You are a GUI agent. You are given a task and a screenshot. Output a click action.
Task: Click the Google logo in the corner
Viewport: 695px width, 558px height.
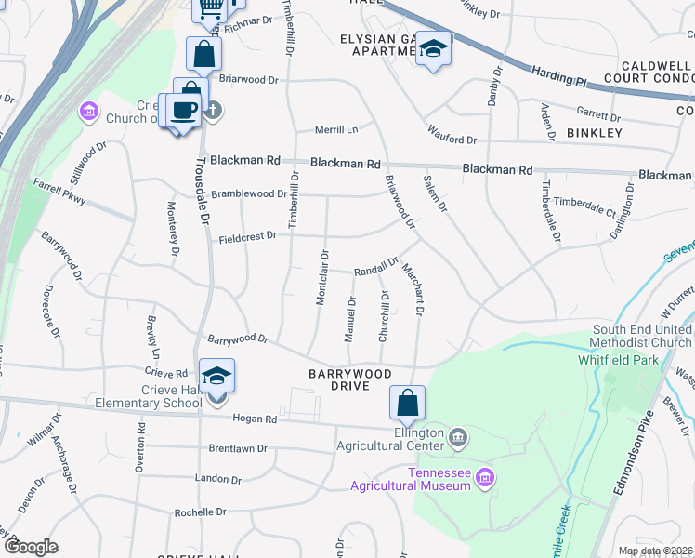click(31, 547)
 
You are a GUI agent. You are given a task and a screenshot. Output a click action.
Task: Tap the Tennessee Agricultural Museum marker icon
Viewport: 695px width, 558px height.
click(483, 479)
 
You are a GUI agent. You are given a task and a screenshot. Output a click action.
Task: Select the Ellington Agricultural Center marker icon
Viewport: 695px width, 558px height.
click(457, 436)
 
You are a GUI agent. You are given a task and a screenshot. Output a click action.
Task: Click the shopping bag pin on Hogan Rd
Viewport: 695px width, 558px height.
click(407, 404)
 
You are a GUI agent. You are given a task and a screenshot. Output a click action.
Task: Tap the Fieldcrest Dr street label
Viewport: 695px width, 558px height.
click(248, 237)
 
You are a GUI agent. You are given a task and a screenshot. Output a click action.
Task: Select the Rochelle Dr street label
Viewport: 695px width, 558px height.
click(201, 512)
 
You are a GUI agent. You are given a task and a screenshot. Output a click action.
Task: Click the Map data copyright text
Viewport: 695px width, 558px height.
click(655, 551)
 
